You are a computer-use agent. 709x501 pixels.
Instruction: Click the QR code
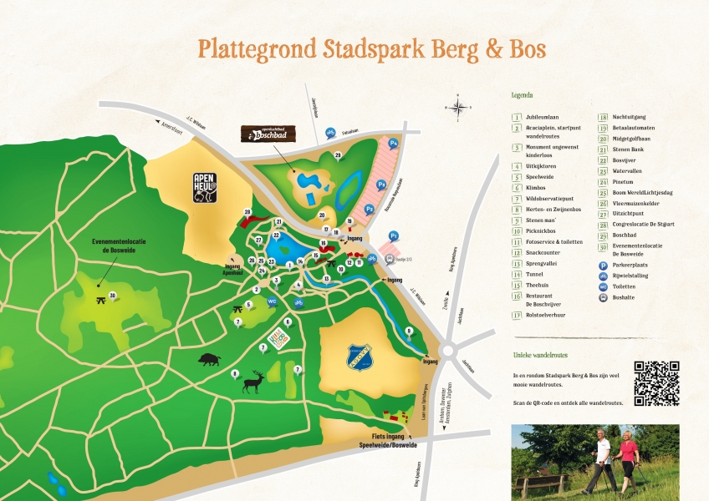(656, 383)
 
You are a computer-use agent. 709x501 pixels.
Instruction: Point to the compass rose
(459, 106)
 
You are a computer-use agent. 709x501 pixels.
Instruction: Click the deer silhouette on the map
(253, 382)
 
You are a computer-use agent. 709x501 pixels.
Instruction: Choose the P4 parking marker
(393, 144)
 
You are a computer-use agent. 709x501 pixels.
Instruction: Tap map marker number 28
(247, 212)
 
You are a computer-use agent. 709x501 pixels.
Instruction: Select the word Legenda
(522, 95)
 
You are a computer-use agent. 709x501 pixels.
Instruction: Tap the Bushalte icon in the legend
(603, 296)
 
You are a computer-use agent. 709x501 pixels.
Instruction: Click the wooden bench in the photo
(541, 483)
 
